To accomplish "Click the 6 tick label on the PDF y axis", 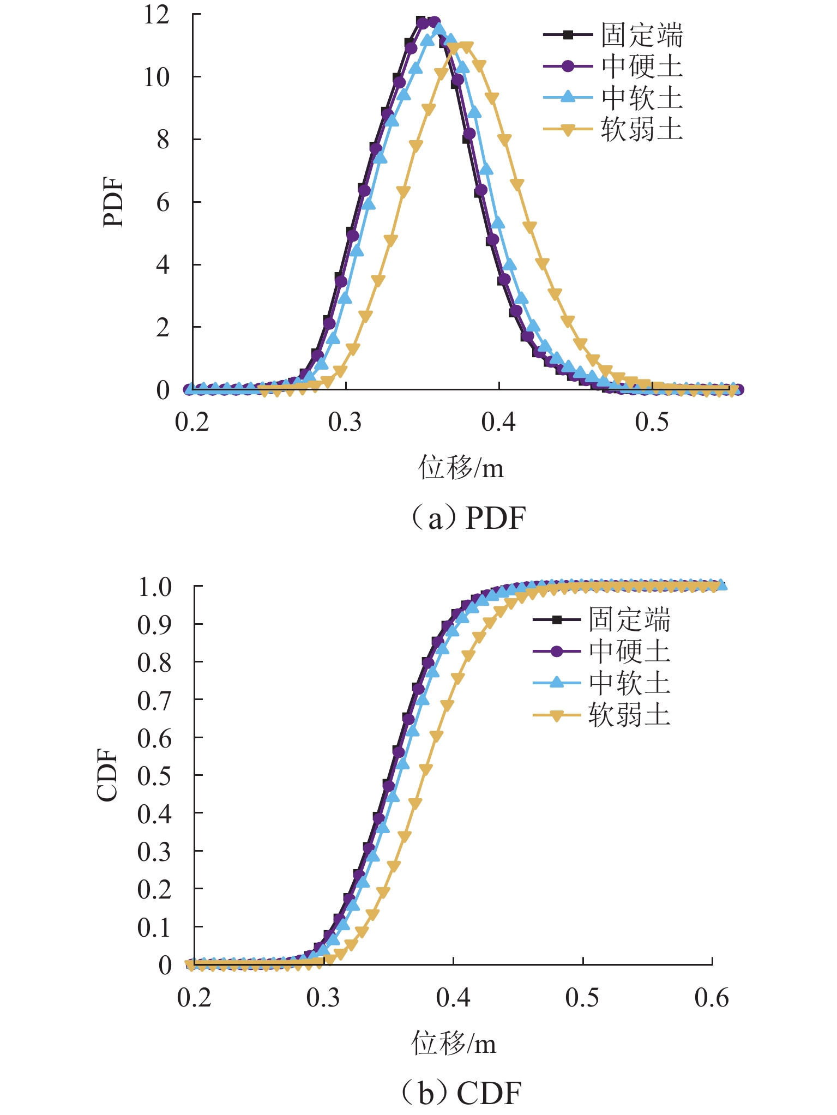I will click(x=162, y=203).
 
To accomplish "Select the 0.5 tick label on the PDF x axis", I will click(x=652, y=421).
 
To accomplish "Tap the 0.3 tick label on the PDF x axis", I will click(x=345, y=421).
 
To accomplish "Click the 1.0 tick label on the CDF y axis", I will click(x=155, y=587).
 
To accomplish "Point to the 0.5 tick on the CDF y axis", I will click(x=155, y=776).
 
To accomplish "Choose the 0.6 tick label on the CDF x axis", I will click(x=712, y=998).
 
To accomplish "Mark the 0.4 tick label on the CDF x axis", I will click(x=453, y=998).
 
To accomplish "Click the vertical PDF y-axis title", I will click(x=113, y=202).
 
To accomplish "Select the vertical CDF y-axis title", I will click(x=107, y=775).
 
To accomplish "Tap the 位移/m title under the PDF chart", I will click(x=461, y=468).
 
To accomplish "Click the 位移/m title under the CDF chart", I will click(x=454, y=1044).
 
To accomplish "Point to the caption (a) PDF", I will click(x=468, y=518).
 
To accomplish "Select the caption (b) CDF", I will click(x=461, y=1093).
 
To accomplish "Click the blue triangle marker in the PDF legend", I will click(x=568, y=98).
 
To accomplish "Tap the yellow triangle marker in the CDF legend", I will click(x=556, y=715).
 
